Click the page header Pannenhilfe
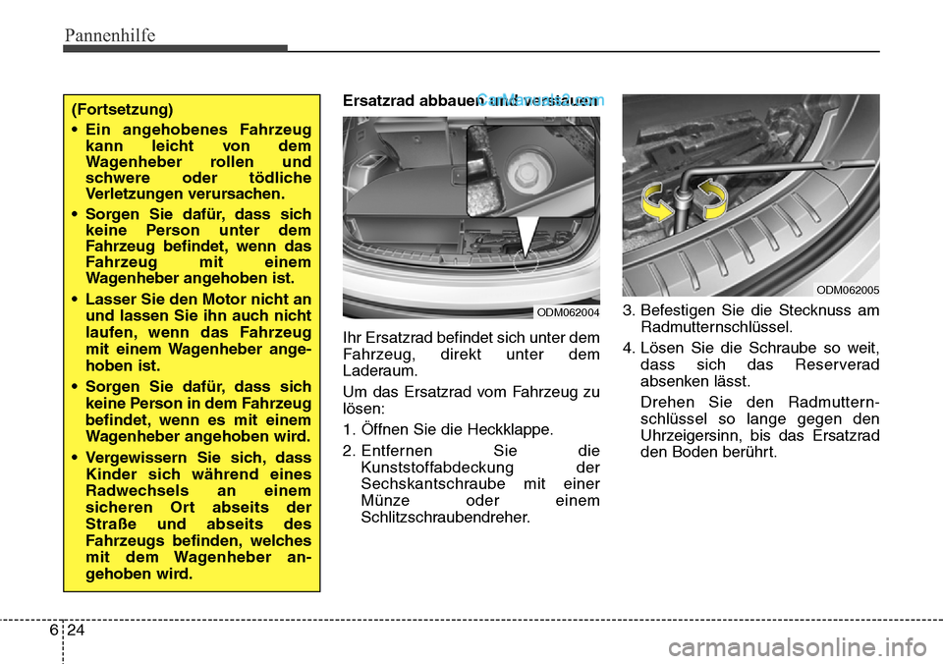coord(110,35)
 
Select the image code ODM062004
coord(567,311)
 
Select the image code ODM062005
coord(847,289)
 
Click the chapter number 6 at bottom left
coord(52,634)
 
